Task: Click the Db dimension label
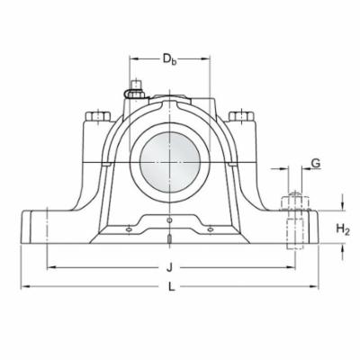click(x=168, y=59)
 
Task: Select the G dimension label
click(x=314, y=164)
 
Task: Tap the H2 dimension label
click(x=342, y=229)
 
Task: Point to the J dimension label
click(x=169, y=267)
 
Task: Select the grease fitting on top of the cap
click(x=134, y=89)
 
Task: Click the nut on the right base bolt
click(x=294, y=202)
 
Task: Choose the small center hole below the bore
click(x=169, y=218)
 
